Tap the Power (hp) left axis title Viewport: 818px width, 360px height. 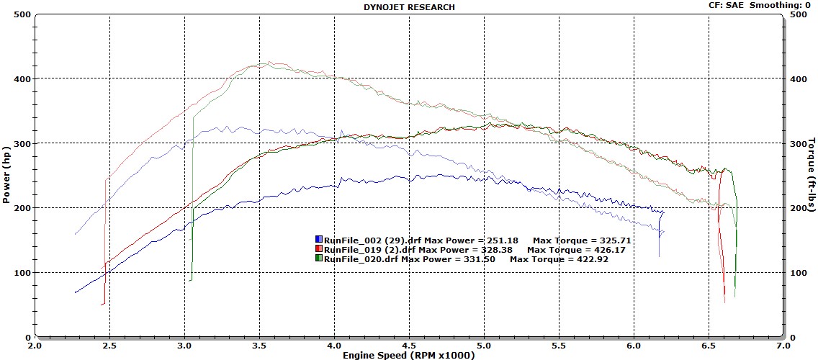[6, 176]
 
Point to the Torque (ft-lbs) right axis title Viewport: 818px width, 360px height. [812, 176]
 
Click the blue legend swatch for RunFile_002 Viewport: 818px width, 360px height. [318, 239]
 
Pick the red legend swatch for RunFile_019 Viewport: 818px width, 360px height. [318, 248]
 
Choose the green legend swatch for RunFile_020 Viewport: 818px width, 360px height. [318, 258]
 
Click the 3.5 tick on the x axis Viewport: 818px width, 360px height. [259, 345]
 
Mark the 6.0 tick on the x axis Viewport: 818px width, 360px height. [634, 345]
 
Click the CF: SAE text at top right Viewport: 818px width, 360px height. [726, 5]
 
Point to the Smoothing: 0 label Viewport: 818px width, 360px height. [781, 5]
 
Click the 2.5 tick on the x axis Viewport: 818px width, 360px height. [109, 345]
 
